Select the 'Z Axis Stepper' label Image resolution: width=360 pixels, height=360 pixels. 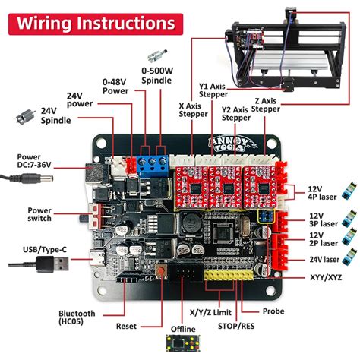(265, 103)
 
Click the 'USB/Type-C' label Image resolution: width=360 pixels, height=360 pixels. (35, 248)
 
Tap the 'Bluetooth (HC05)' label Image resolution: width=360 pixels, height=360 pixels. (77, 318)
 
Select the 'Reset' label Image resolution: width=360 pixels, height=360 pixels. (127, 327)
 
